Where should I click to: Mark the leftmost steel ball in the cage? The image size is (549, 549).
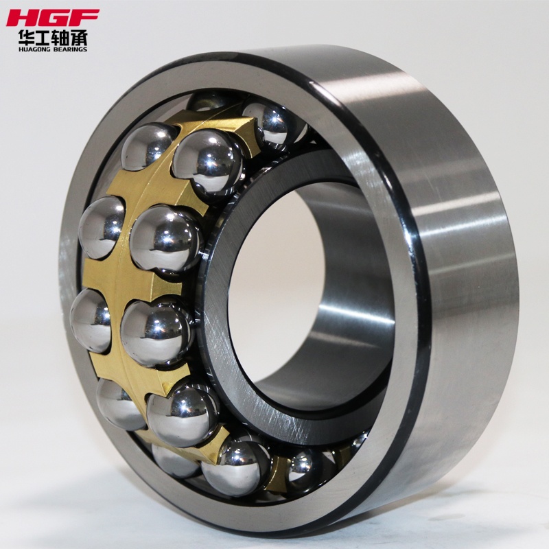pos(89,319)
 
